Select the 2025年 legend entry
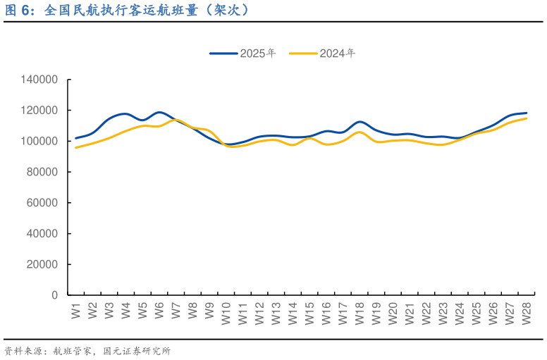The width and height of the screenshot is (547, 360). tap(242, 53)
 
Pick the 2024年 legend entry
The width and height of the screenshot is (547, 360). tap(322, 53)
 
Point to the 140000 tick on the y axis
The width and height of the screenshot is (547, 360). tap(39, 80)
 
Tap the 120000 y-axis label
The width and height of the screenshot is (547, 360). tap(39, 111)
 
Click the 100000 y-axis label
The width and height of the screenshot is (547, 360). tap(39, 141)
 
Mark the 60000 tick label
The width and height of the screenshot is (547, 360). tap(42, 203)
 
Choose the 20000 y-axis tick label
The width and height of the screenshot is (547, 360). tap(42, 264)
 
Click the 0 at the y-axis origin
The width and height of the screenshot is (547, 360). tap(54, 295)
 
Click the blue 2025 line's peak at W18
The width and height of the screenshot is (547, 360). tap(359, 122)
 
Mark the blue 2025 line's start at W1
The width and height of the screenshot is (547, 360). tap(76, 138)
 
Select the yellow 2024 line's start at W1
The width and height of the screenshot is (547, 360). tap(76, 147)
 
